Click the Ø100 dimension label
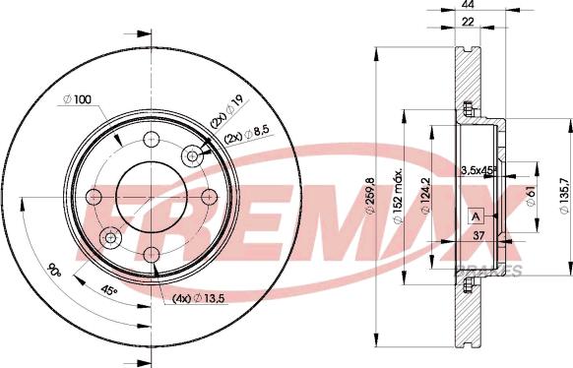tap(77, 99)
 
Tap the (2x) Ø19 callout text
tap(229, 113)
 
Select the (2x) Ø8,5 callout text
tap(247, 135)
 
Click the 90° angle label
tap(54, 272)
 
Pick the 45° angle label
tap(109, 291)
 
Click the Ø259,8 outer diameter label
tap(370, 196)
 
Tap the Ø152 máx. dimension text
tap(398, 196)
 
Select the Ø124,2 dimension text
tap(425, 196)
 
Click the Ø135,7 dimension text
tap(564, 196)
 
